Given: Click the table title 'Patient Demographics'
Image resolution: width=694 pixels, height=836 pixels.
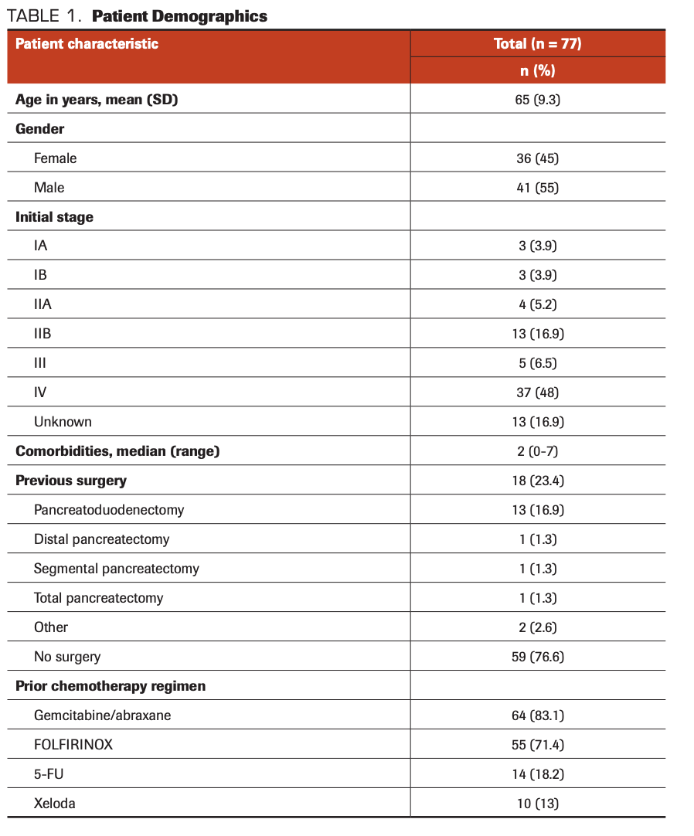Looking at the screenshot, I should coord(179,16).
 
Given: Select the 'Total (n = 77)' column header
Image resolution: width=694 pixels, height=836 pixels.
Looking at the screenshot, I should coord(537,43).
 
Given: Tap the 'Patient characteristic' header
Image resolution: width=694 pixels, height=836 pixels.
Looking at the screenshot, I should coord(87,43).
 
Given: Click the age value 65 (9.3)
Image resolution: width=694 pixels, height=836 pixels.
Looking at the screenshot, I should coord(537,100).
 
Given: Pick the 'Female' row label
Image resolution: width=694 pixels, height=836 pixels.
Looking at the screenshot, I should coord(56,158).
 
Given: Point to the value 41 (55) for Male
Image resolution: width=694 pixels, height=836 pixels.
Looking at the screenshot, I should coord(537,188).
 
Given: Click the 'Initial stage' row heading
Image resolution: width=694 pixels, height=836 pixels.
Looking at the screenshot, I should coord(54,217).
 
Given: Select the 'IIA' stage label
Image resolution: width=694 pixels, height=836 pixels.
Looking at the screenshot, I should coord(43,304).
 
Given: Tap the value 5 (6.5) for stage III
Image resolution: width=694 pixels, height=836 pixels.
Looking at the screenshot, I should coord(537,363).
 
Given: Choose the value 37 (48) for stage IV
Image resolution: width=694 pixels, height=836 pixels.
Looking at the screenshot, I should coord(537,393).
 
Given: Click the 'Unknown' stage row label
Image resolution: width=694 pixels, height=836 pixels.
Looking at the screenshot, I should coord(63,422).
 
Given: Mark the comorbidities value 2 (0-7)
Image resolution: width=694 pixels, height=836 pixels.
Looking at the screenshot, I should coord(537,451).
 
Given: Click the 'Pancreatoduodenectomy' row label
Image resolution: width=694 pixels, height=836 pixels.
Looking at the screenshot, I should coord(109,510).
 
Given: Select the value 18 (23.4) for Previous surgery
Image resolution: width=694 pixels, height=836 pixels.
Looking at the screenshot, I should coord(537,481).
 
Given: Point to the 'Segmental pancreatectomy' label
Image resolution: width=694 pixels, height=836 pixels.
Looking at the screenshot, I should coord(117,569).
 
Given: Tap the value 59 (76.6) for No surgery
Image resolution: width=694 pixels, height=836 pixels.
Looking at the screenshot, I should coord(537,657).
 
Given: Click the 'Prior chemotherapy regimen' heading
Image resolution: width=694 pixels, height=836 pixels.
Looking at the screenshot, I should coord(111,686).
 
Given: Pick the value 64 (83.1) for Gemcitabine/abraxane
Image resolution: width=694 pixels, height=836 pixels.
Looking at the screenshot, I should coord(537,715).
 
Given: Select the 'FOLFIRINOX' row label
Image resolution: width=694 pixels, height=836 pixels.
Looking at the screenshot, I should coord(73,745).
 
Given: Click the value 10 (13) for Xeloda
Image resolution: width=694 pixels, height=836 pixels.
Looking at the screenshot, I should coord(537,804).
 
